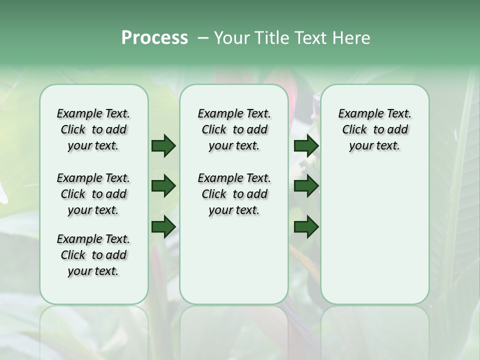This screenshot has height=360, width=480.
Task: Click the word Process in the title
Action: click(x=154, y=38)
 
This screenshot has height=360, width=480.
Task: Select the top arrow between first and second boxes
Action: click(x=163, y=146)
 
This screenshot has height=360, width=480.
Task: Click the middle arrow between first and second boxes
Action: click(x=163, y=186)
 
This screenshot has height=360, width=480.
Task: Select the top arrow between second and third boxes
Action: click(x=306, y=146)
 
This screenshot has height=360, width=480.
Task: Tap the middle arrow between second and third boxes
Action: click(x=306, y=186)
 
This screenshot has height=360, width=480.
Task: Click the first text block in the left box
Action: click(x=93, y=129)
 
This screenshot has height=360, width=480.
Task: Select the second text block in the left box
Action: click(x=93, y=194)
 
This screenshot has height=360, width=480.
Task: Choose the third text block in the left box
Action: click(x=93, y=255)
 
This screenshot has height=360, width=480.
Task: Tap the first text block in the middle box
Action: click(x=234, y=129)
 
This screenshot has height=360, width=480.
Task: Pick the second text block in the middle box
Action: click(x=234, y=194)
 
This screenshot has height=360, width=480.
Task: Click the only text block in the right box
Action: click(x=374, y=129)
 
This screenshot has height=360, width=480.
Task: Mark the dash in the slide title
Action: click(x=203, y=38)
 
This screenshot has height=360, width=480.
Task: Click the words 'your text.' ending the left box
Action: click(x=93, y=271)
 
